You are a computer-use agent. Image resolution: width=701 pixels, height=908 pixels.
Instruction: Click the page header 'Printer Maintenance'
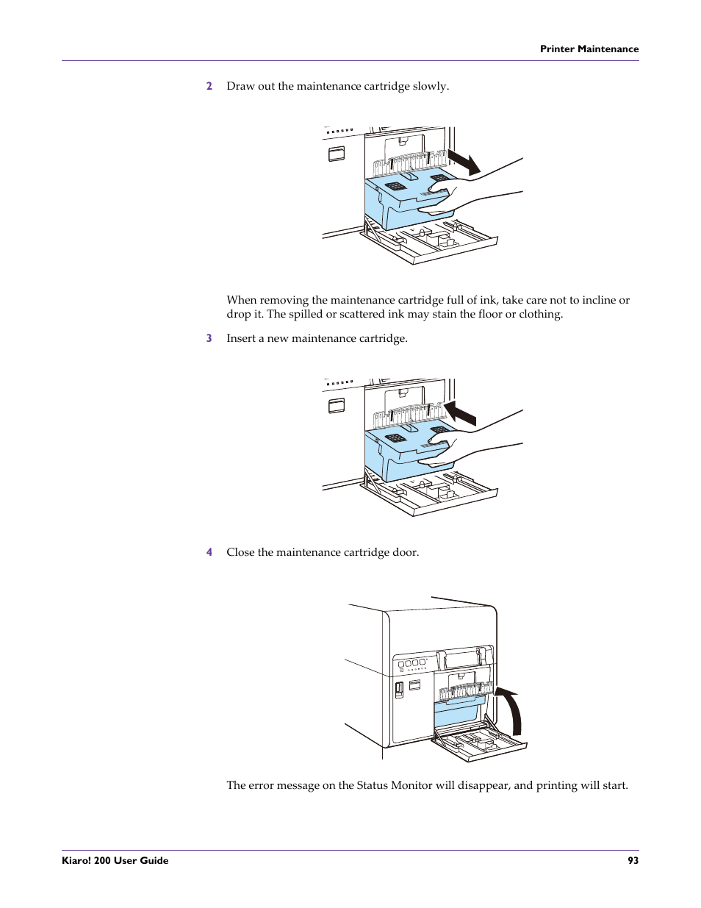[x=589, y=49]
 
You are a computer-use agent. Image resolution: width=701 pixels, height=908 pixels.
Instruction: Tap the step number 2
[x=209, y=86]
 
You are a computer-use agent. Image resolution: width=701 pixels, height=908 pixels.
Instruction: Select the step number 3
[x=209, y=338]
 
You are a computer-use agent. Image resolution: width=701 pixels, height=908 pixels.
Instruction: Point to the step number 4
[x=209, y=552]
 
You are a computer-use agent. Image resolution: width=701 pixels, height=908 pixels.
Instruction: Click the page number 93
[x=633, y=860]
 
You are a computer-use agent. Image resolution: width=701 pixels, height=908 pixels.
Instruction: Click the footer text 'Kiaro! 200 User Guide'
[x=115, y=860]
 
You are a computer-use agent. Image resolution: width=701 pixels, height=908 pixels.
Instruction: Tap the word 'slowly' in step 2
[x=429, y=86]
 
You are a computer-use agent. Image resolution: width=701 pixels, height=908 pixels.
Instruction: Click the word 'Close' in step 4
[x=240, y=552]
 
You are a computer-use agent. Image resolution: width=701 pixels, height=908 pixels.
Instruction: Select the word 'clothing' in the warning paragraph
[x=540, y=315]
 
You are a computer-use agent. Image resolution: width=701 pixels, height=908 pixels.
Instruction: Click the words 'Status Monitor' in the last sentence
[x=394, y=785]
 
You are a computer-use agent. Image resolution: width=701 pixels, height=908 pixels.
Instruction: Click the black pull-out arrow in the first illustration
[x=464, y=162]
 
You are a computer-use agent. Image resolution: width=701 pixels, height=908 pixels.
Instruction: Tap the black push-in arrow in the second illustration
[x=461, y=413]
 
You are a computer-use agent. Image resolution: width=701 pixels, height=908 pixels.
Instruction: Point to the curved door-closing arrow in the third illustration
[x=510, y=710]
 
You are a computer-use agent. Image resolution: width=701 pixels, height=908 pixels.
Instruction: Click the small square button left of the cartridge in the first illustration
[x=337, y=154]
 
